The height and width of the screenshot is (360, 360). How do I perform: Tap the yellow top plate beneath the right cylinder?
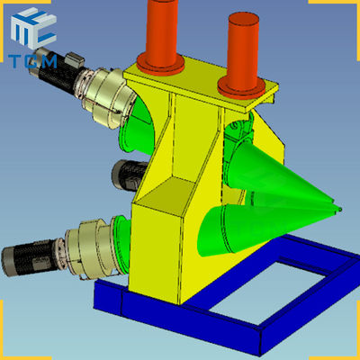click(245, 88)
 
